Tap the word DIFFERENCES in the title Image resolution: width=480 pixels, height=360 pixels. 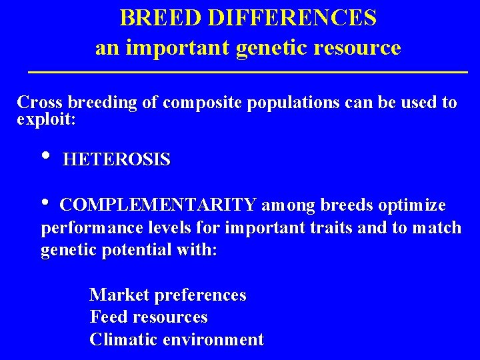coord(292,18)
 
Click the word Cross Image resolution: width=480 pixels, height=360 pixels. coord(40,103)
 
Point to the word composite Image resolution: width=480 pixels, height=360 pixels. coord(201,103)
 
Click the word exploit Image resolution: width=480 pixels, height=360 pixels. coord(46,121)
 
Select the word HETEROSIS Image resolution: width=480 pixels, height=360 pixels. coord(117,160)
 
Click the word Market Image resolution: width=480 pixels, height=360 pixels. coord(115,295)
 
